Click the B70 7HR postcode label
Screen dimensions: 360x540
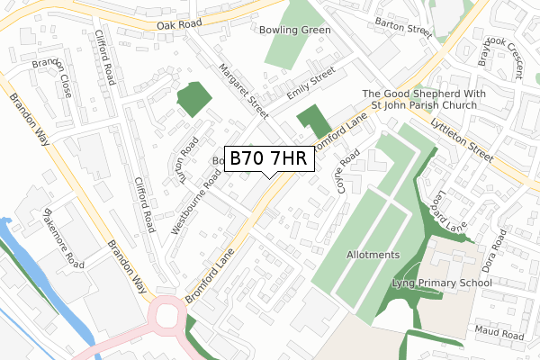coord(269,158)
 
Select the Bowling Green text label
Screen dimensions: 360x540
coord(296,30)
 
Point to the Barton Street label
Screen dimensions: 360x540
coord(404,27)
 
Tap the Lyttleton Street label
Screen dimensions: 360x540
coord(462,139)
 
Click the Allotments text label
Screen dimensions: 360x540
coord(373,255)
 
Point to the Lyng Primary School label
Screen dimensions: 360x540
coord(442,283)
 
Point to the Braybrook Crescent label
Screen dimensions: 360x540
coord(504,53)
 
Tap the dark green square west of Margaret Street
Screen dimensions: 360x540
coord(193,100)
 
